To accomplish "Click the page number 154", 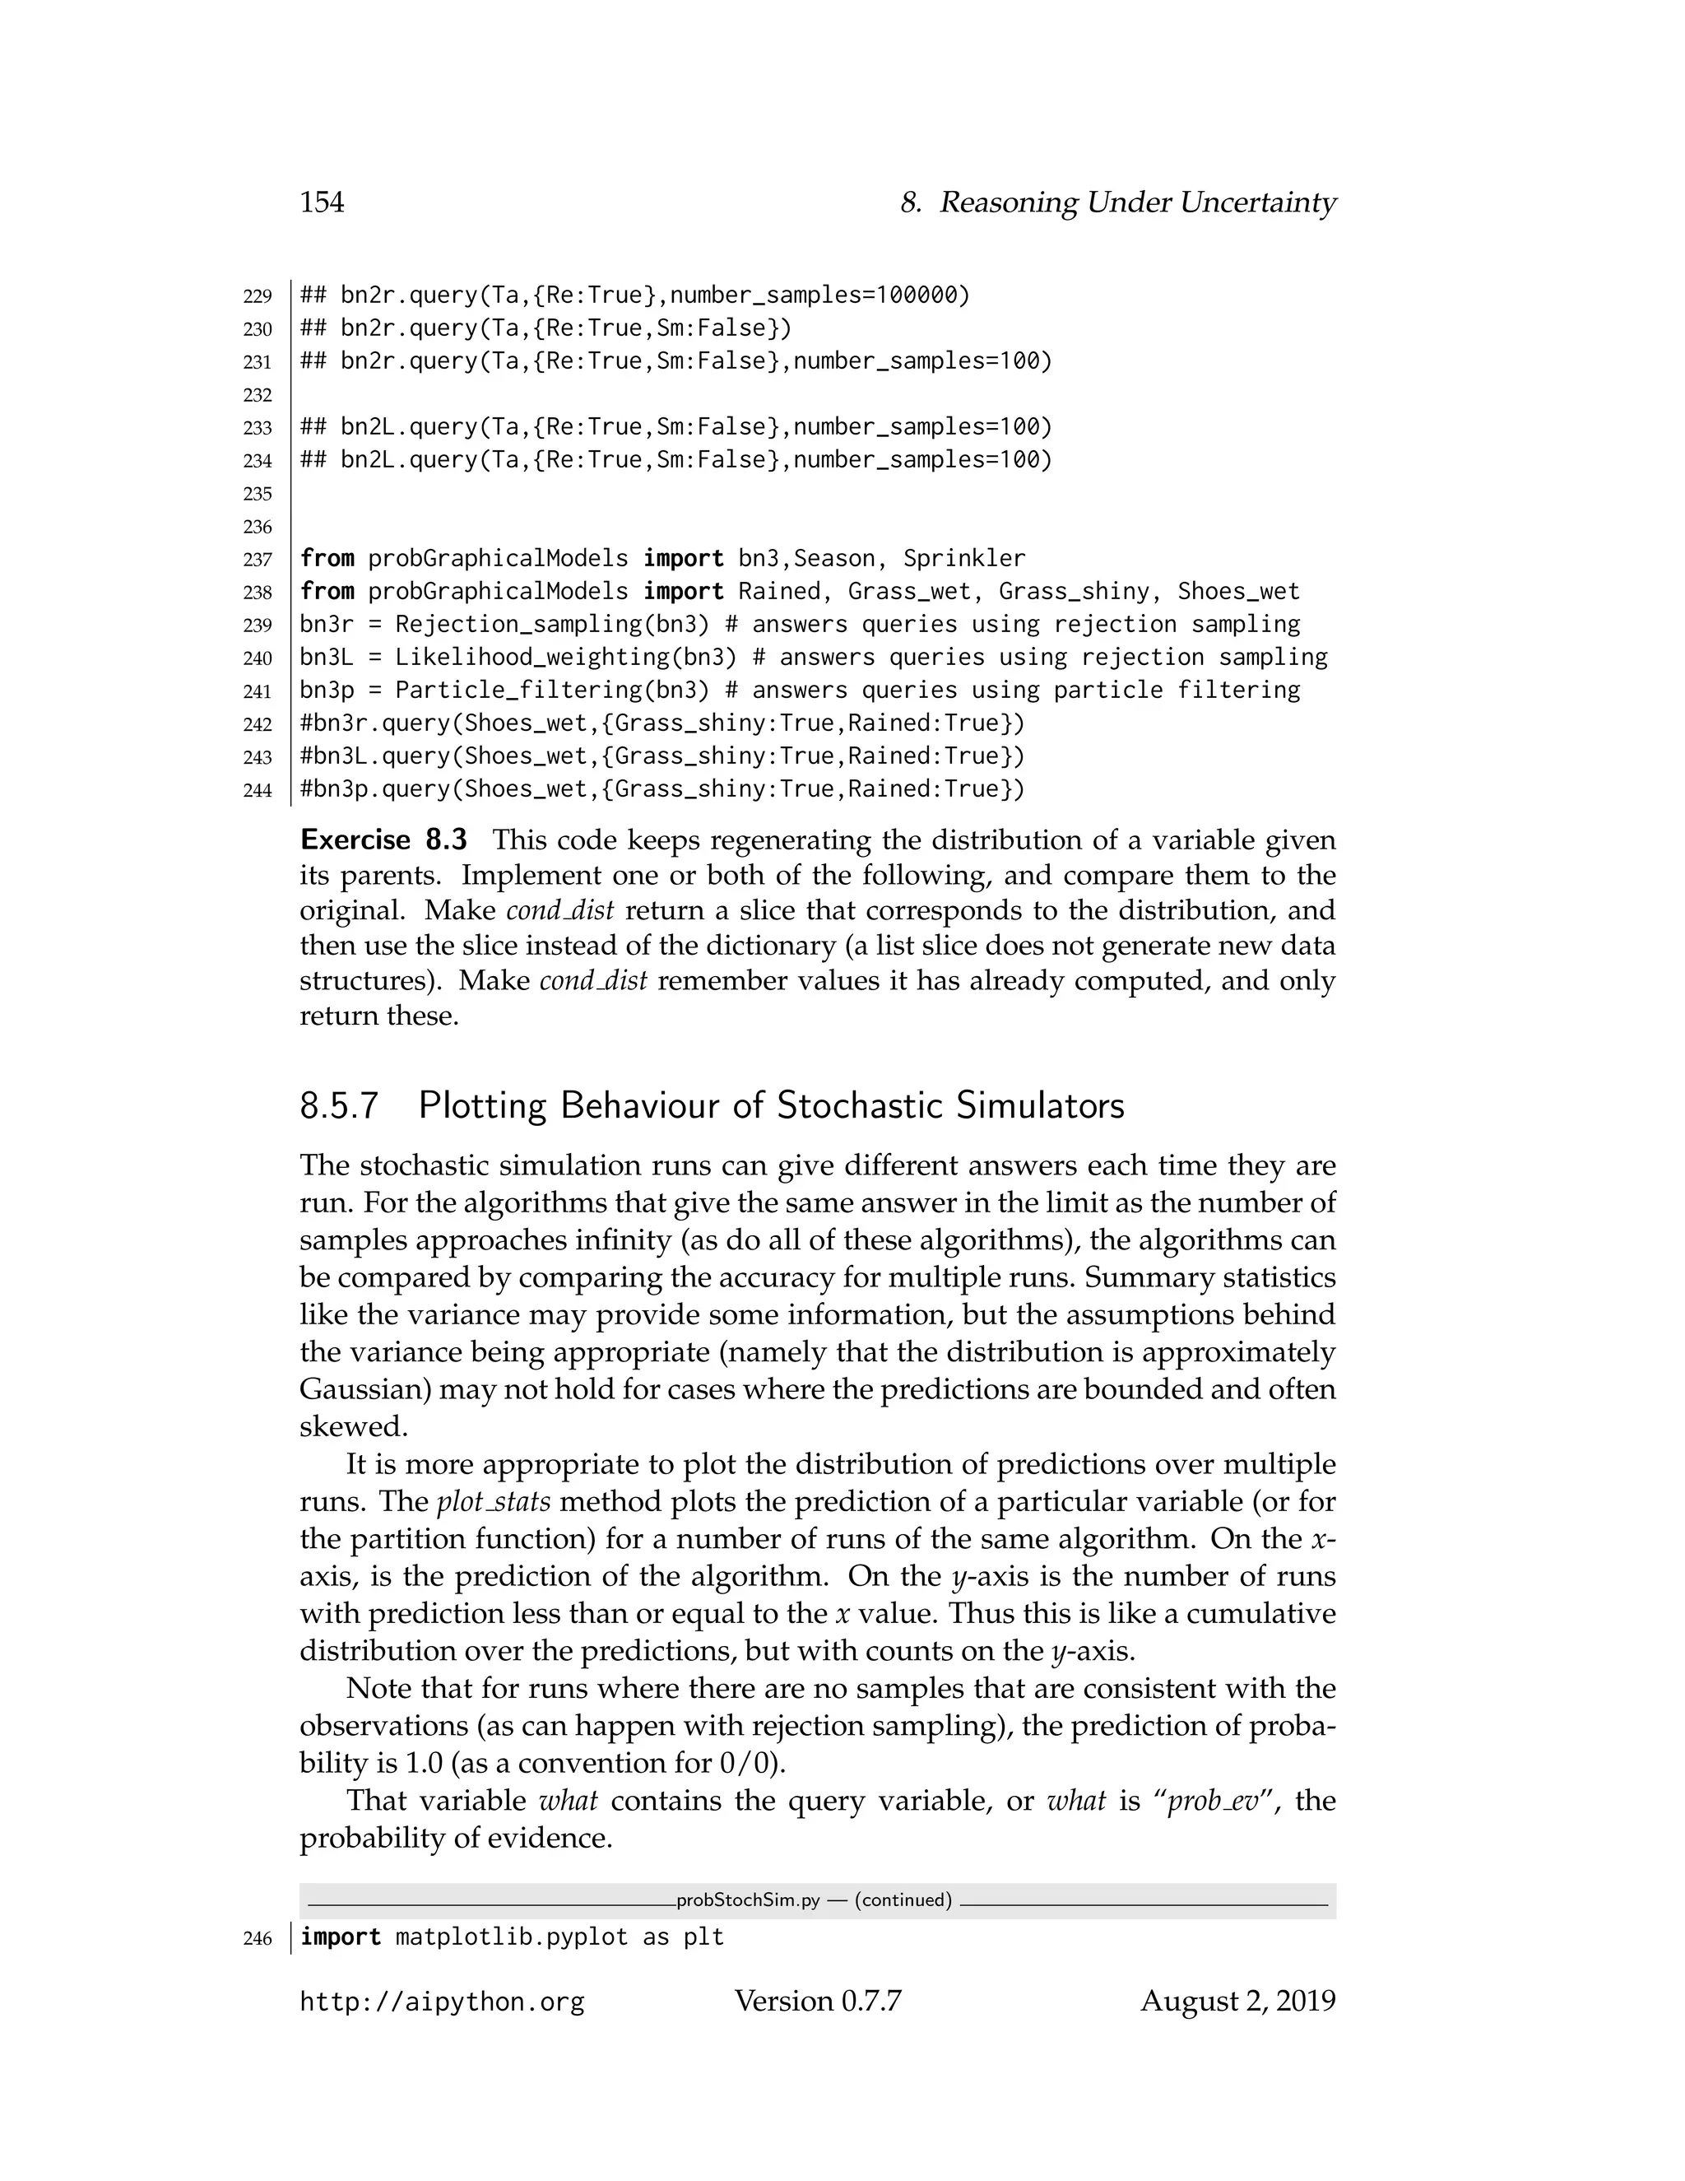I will coord(322,202).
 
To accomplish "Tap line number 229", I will coord(258,296).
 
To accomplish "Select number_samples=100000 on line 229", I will coord(819,295).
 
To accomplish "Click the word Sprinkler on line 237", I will coord(964,558).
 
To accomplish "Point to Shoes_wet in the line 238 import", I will coord(1239,591).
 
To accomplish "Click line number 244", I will coord(258,791).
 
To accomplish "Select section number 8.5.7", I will coord(340,1106).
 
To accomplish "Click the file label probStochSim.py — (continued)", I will coord(814,1900).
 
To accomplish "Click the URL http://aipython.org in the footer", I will coord(441,2002).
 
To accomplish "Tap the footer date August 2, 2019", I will coord(1237,2002).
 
